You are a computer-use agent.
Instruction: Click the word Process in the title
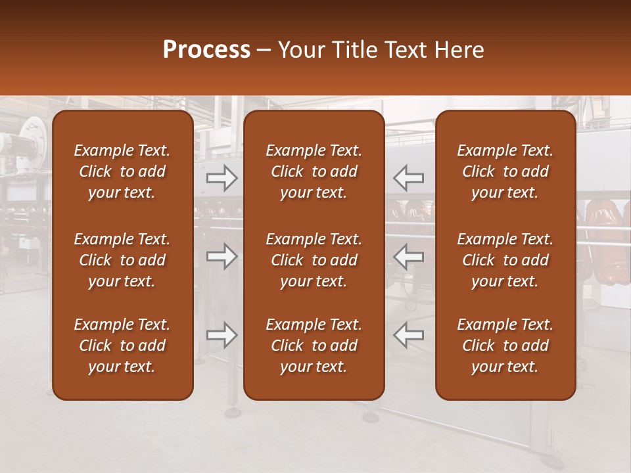[206, 50]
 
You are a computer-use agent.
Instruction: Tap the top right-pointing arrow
[222, 177]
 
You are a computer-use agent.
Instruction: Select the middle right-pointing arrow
[222, 256]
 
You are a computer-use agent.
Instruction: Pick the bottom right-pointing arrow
[222, 335]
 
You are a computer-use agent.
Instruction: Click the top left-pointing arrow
[409, 177]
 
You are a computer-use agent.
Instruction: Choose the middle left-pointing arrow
[409, 256]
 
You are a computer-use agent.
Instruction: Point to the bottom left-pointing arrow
[409, 335]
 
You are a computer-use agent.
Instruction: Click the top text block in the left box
[122, 171]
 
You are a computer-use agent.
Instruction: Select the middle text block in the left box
[122, 260]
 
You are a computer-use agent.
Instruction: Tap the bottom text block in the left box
[122, 346]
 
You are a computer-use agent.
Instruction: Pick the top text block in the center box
[314, 171]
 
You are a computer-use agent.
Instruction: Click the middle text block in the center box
[314, 260]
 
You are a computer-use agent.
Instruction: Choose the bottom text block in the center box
[314, 346]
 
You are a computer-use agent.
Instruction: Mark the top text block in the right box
[505, 171]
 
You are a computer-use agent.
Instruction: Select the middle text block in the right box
[505, 260]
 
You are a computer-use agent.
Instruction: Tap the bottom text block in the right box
[505, 346]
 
